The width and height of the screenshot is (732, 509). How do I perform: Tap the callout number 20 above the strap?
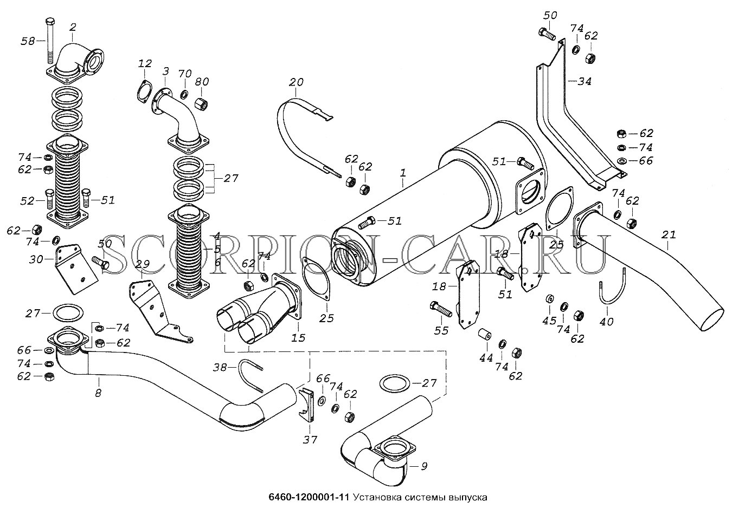296,82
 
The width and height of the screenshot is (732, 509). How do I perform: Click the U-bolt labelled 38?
250,374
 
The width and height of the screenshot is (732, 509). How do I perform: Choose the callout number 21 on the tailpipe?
669,235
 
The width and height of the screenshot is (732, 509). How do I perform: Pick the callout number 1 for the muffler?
402,173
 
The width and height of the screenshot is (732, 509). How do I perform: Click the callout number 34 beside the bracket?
584,81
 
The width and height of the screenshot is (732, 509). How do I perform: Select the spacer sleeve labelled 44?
484,335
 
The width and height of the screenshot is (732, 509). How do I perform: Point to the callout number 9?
423,465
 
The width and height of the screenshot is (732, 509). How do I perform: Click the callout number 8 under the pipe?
98,394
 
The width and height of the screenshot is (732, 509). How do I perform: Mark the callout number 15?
298,337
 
